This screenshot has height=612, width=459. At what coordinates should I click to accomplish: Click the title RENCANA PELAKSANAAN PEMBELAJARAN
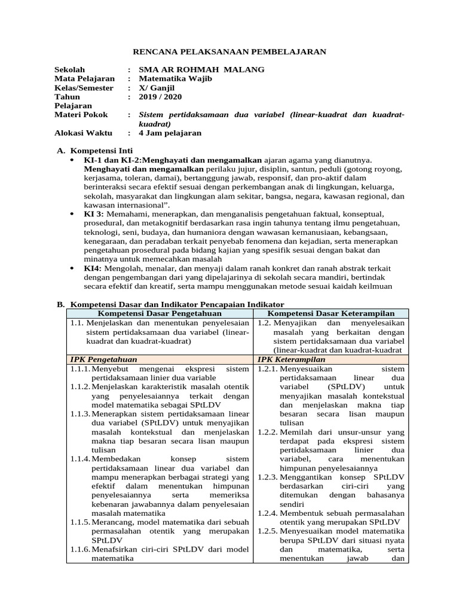(x=229, y=52)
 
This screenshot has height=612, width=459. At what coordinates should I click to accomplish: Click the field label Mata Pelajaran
(x=84, y=79)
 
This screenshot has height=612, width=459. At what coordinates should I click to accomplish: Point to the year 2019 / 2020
(x=160, y=97)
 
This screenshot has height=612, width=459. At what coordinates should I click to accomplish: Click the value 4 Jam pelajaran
(x=170, y=133)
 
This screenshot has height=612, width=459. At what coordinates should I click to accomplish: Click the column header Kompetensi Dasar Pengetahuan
(x=160, y=313)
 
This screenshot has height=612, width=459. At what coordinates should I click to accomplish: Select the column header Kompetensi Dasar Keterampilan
(x=331, y=313)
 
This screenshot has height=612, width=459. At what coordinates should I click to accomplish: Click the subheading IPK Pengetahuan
(x=103, y=360)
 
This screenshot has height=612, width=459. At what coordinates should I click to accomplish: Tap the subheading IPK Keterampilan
(x=291, y=360)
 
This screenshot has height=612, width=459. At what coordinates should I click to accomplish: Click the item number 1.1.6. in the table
(x=79, y=550)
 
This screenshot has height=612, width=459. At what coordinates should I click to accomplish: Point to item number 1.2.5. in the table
(x=267, y=531)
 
